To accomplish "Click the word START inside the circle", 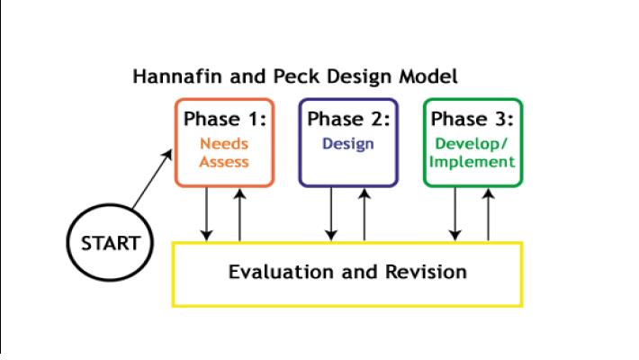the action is point(111,243).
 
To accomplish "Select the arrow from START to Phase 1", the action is point(152,179).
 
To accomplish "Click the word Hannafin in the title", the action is point(177,76).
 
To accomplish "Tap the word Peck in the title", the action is point(296,76).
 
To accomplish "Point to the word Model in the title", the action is point(428,76).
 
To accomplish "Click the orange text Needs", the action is point(224,143).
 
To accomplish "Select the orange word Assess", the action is point(224,162).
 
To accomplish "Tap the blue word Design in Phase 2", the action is point(348,144).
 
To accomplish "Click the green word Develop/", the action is point(472,143).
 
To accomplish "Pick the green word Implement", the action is point(472,162).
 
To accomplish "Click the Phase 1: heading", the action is point(225,119).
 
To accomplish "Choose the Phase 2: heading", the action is point(349,119).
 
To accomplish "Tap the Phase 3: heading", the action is point(472,119).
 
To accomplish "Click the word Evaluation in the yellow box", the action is point(281,272).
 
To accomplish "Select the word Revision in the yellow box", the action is point(427,272).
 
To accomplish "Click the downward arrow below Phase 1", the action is point(207,214).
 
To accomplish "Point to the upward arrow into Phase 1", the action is point(239,215).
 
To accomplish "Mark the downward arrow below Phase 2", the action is point(331,214).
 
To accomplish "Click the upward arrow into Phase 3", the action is point(488,215).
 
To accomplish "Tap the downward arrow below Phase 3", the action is point(454,214).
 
